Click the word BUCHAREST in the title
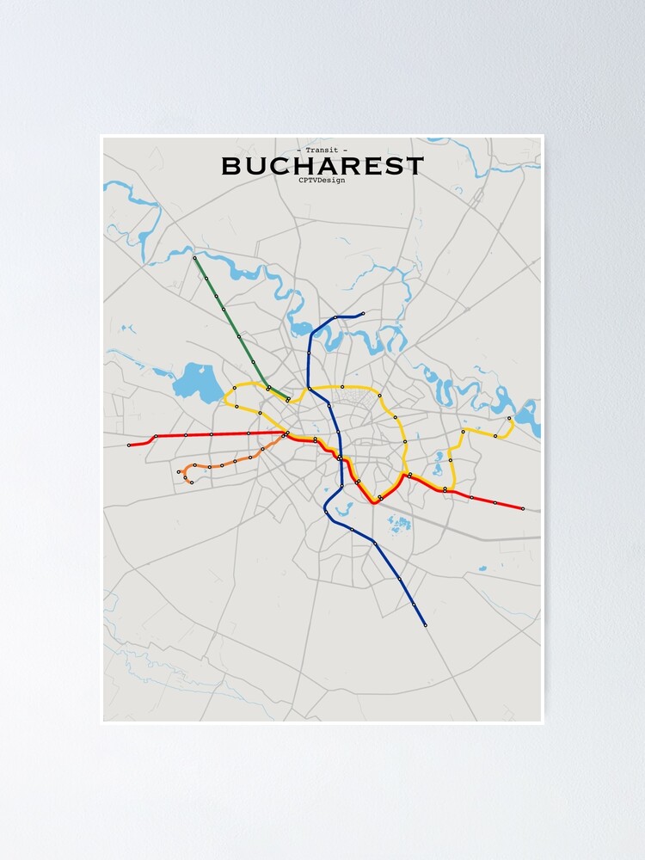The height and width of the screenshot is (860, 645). pyautogui.click(x=322, y=166)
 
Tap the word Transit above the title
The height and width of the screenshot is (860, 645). pyautogui.click(x=322, y=150)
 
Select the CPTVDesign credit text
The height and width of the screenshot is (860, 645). pyautogui.click(x=322, y=181)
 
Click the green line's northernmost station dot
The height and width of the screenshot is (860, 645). pyautogui.click(x=195, y=257)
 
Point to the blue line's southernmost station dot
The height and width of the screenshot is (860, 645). pyautogui.click(x=425, y=625)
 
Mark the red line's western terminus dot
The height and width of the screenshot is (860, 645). pyautogui.click(x=129, y=445)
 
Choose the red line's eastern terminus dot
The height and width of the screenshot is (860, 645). pyautogui.click(x=523, y=508)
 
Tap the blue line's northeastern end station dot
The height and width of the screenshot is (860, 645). pyautogui.click(x=363, y=314)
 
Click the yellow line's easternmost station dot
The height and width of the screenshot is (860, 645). pyautogui.click(x=509, y=419)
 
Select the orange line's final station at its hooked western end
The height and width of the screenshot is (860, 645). pyautogui.click(x=191, y=482)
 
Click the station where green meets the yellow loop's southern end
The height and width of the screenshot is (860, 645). pyautogui.click(x=287, y=400)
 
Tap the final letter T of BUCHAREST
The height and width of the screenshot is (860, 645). pyautogui.click(x=415, y=166)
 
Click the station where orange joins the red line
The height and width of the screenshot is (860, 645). pyautogui.click(x=287, y=433)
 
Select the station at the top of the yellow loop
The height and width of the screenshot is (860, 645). pyautogui.click(x=342, y=387)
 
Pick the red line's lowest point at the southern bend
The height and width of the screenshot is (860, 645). pyautogui.click(x=373, y=501)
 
